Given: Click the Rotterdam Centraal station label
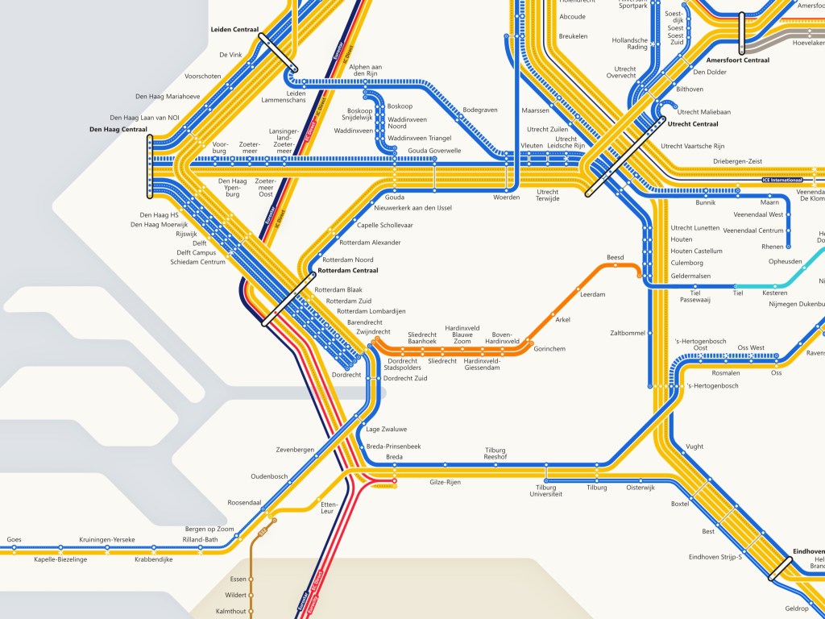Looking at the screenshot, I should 348,271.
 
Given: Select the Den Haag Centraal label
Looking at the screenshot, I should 118,129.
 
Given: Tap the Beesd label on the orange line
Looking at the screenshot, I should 615,258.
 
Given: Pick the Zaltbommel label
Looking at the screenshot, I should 628,333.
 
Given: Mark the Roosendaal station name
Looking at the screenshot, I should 244,502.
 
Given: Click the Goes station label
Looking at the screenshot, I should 14,539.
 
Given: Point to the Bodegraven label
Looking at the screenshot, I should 480,110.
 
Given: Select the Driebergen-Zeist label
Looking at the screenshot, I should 737,162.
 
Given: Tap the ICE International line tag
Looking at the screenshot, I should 782,180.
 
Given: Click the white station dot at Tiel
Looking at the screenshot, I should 735,286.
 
